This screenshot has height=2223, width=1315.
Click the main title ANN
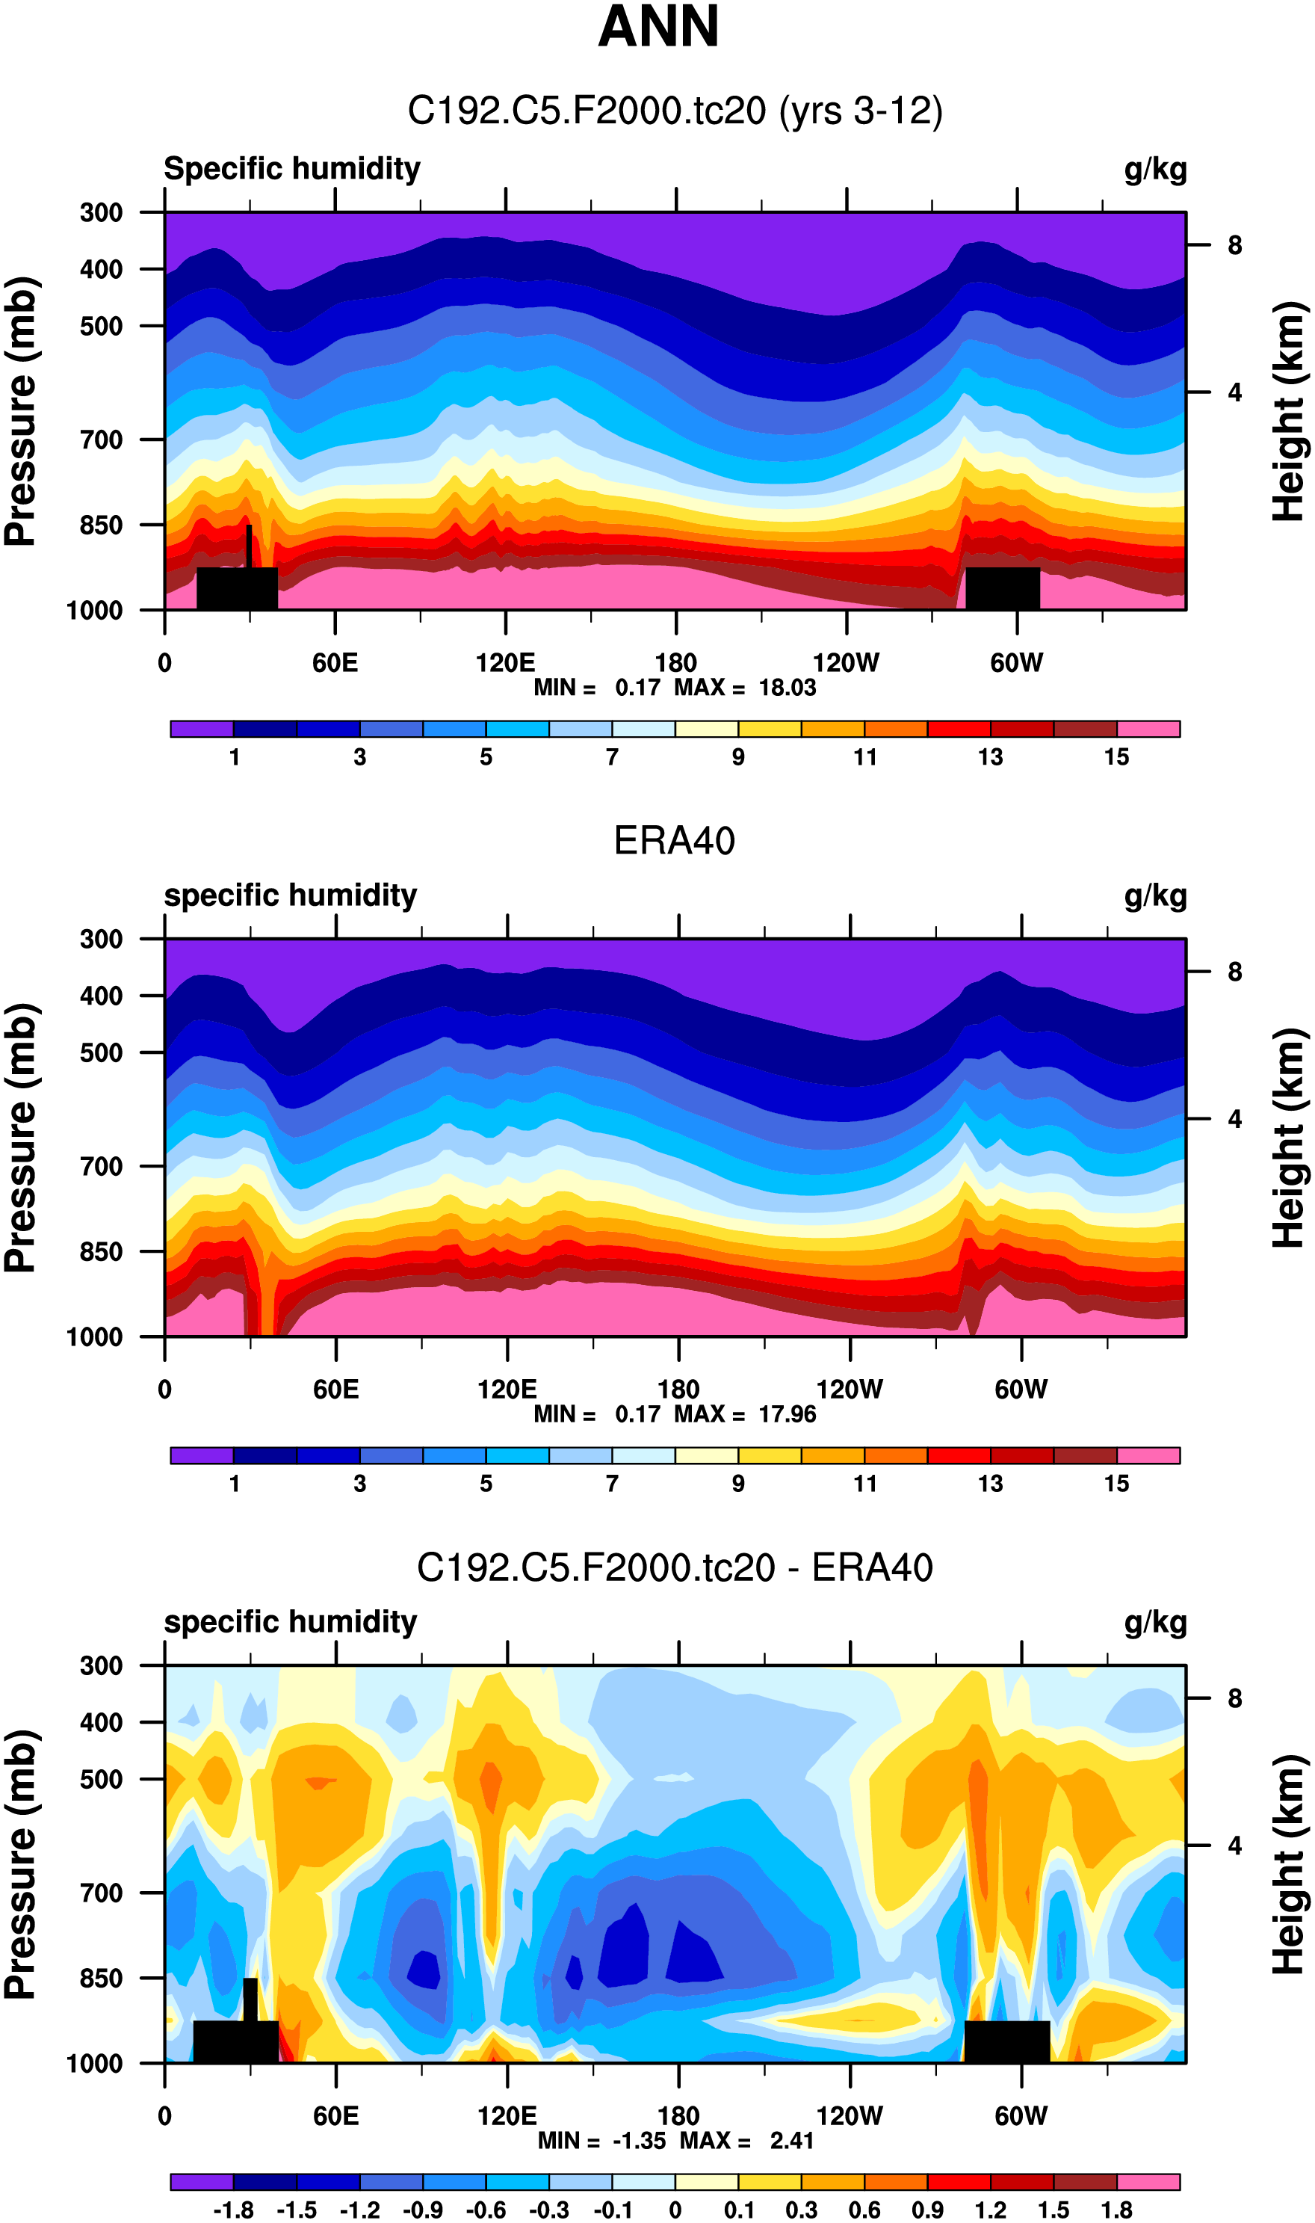tap(657, 27)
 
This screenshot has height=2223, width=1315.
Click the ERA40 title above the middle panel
tap(675, 840)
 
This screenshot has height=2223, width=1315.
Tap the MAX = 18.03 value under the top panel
tap(745, 688)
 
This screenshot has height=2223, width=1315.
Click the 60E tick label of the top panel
tap(335, 663)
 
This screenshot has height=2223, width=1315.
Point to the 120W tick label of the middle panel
tap(849, 1389)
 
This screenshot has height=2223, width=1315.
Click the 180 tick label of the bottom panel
tap(678, 2116)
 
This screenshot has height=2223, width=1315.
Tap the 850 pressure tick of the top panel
tap(101, 525)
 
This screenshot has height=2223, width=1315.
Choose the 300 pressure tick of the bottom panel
tap(101, 1665)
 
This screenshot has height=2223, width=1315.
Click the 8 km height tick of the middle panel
tap(1234, 972)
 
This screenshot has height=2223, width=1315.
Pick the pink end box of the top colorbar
tap(1148, 730)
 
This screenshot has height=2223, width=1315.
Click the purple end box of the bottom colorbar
tap(202, 2181)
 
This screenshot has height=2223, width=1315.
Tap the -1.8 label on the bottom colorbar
tap(233, 2210)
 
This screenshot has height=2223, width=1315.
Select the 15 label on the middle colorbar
tap(1116, 1484)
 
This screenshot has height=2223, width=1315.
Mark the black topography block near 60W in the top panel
tap(1002, 588)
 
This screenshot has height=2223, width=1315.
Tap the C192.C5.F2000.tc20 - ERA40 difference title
tap(675, 1567)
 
